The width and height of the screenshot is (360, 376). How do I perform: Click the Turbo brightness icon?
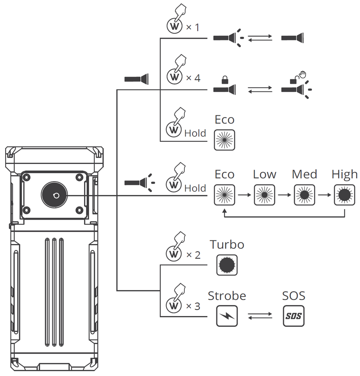(x=227, y=264)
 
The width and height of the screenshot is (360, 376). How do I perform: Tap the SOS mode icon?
(x=293, y=316)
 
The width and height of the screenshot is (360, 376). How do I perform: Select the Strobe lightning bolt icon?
(x=227, y=316)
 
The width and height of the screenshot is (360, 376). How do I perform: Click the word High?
(x=344, y=174)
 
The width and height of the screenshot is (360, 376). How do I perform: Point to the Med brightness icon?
(x=304, y=195)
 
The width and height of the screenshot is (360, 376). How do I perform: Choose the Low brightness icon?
(x=264, y=195)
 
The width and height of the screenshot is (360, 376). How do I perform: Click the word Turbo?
(x=227, y=244)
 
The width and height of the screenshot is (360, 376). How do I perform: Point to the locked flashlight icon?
(x=224, y=87)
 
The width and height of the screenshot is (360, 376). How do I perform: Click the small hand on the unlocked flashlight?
(x=303, y=74)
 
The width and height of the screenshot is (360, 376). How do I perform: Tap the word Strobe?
(x=227, y=296)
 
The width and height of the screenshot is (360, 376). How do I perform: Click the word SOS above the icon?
(x=294, y=296)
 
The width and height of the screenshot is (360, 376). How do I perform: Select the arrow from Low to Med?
(x=284, y=195)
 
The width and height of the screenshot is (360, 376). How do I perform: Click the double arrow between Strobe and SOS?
(x=260, y=316)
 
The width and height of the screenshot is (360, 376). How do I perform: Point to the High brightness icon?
(x=344, y=195)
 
